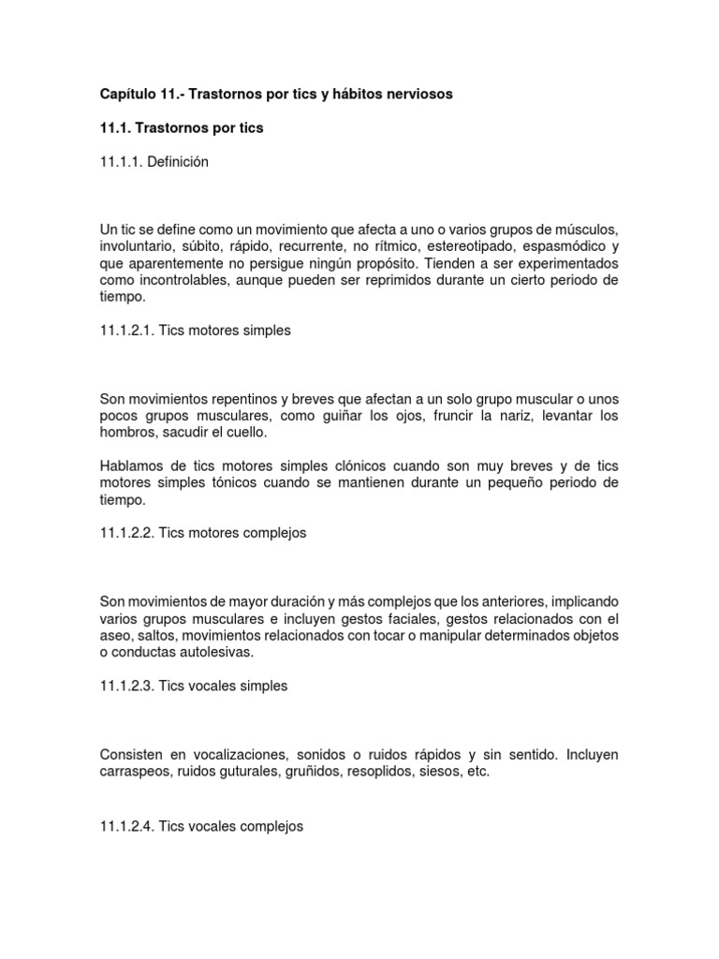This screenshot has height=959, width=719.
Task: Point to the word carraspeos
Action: (x=137, y=772)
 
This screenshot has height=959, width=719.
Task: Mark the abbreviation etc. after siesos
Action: (x=477, y=772)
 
